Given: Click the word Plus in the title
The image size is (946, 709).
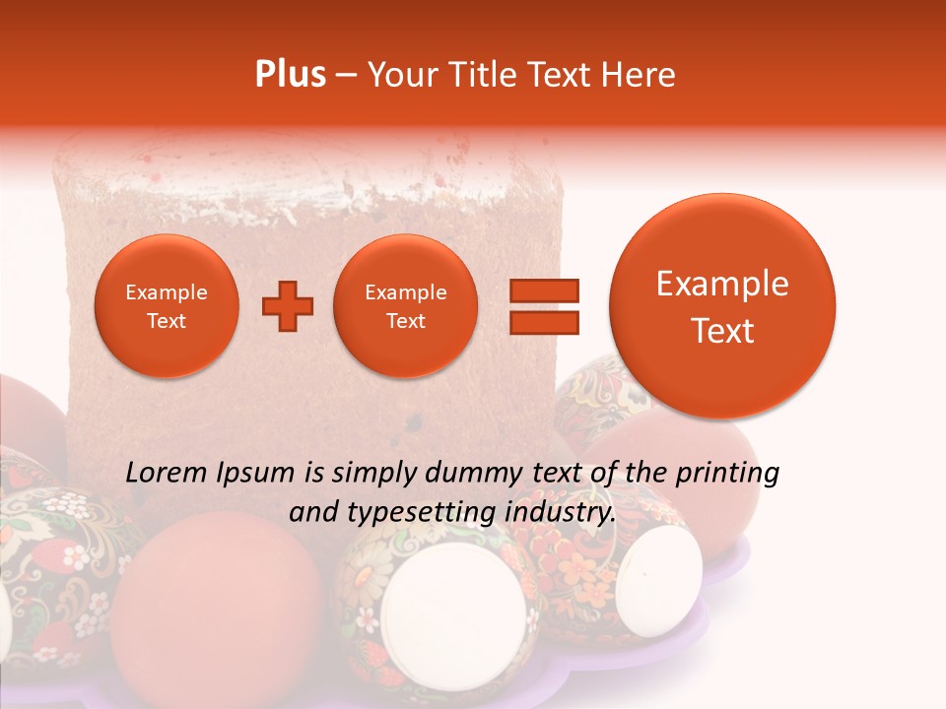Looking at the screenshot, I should [x=290, y=75].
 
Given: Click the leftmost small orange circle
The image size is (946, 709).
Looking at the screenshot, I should [x=166, y=306].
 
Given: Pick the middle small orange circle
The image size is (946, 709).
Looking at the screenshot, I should [x=405, y=306].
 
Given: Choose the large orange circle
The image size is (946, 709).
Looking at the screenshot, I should [x=722, y=306].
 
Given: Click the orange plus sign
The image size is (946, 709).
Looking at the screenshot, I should [x=287, y=306].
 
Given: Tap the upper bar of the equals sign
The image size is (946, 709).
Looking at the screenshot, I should [x=544, y=290].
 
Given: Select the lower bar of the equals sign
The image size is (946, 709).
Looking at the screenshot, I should [x=544, y=323].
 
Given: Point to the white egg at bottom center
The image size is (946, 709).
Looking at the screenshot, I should [x=453, y=611].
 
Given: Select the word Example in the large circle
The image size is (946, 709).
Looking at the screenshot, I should [x=722, y=284].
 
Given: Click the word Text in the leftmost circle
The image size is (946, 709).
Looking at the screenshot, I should [x=166, y=321].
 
